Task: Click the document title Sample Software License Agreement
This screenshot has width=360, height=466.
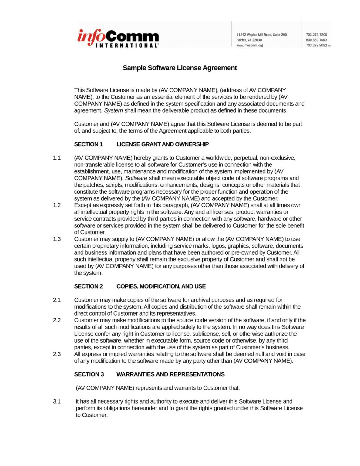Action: pos(180,68)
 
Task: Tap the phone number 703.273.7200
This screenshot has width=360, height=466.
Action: pos(316,35)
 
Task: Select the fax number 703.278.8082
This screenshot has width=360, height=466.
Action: pos(316,45)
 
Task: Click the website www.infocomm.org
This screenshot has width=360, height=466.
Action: pos(250,45)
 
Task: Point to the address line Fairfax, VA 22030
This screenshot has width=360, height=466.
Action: pos(249,40)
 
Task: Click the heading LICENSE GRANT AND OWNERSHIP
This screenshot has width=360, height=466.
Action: pos(163,144)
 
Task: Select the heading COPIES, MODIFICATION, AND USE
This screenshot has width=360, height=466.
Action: pos(161,286)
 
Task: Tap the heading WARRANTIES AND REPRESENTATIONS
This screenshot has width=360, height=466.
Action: pos(170,374)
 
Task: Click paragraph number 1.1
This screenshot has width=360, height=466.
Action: pos(57,158)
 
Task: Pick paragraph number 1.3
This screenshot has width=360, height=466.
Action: pos(57,239)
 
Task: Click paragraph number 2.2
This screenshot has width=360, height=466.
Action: pos(57,320)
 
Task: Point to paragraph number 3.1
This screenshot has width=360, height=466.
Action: pos(57,401)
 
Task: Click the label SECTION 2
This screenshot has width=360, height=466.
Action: pos(88,286)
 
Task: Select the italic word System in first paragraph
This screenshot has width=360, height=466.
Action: pos(113,110)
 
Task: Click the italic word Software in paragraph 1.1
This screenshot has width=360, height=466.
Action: pos(136,178)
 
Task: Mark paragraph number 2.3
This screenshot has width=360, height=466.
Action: pos(57,354)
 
